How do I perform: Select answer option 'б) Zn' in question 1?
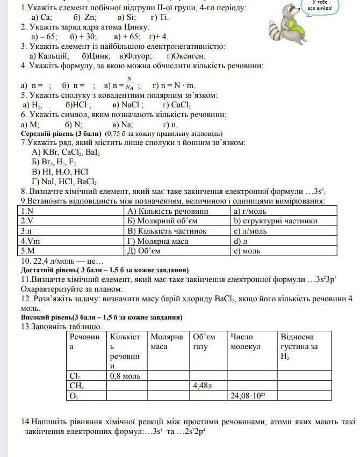(x=81, y=17)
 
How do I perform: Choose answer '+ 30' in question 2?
(x=83, y=37)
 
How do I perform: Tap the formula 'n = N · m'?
(x=174, y=85)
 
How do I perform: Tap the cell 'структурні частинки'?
(x=275, y=221)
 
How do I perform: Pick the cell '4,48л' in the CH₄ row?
(x=203, y=386)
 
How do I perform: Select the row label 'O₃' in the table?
(x=75, y=396)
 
